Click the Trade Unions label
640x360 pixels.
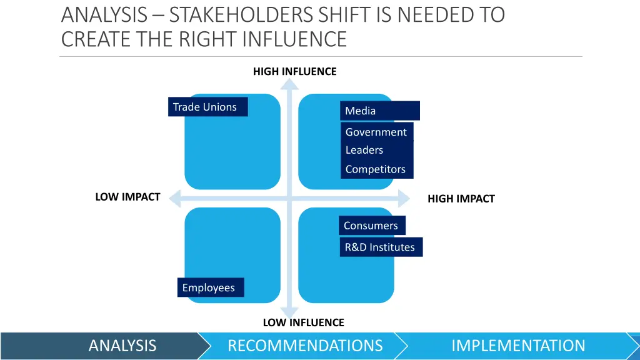tap(208, 107)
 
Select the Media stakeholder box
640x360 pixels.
tap(380, 111)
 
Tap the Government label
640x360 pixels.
tap(376, 132)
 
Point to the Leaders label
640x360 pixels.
tap(365, 151)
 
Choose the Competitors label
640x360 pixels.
tap(376, 169)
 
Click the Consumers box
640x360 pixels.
tap(372, 226)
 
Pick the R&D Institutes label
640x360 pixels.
tap(381, 247)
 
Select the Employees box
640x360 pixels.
tap(210, 287)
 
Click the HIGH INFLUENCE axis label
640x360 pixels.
tap(294, 72)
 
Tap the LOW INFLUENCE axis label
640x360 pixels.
tap(303, 322)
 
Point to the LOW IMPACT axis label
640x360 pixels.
tap(127, 197)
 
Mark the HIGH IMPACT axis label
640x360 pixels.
tap(461, 199)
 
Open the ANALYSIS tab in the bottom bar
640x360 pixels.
tap(122, 346)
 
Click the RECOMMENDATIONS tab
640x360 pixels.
tap(305, 346)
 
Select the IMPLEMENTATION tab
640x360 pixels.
tap(518, 346)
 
